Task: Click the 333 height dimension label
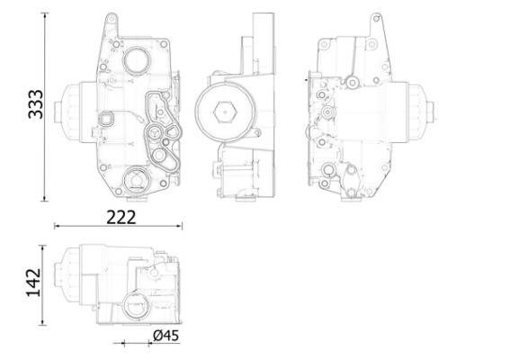tap(32, 106)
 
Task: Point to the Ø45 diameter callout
tap(166, 336)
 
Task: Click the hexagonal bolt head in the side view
tap(223, 114)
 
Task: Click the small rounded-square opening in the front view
tap(108, 119)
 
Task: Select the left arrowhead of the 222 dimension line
tap(57, 227)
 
